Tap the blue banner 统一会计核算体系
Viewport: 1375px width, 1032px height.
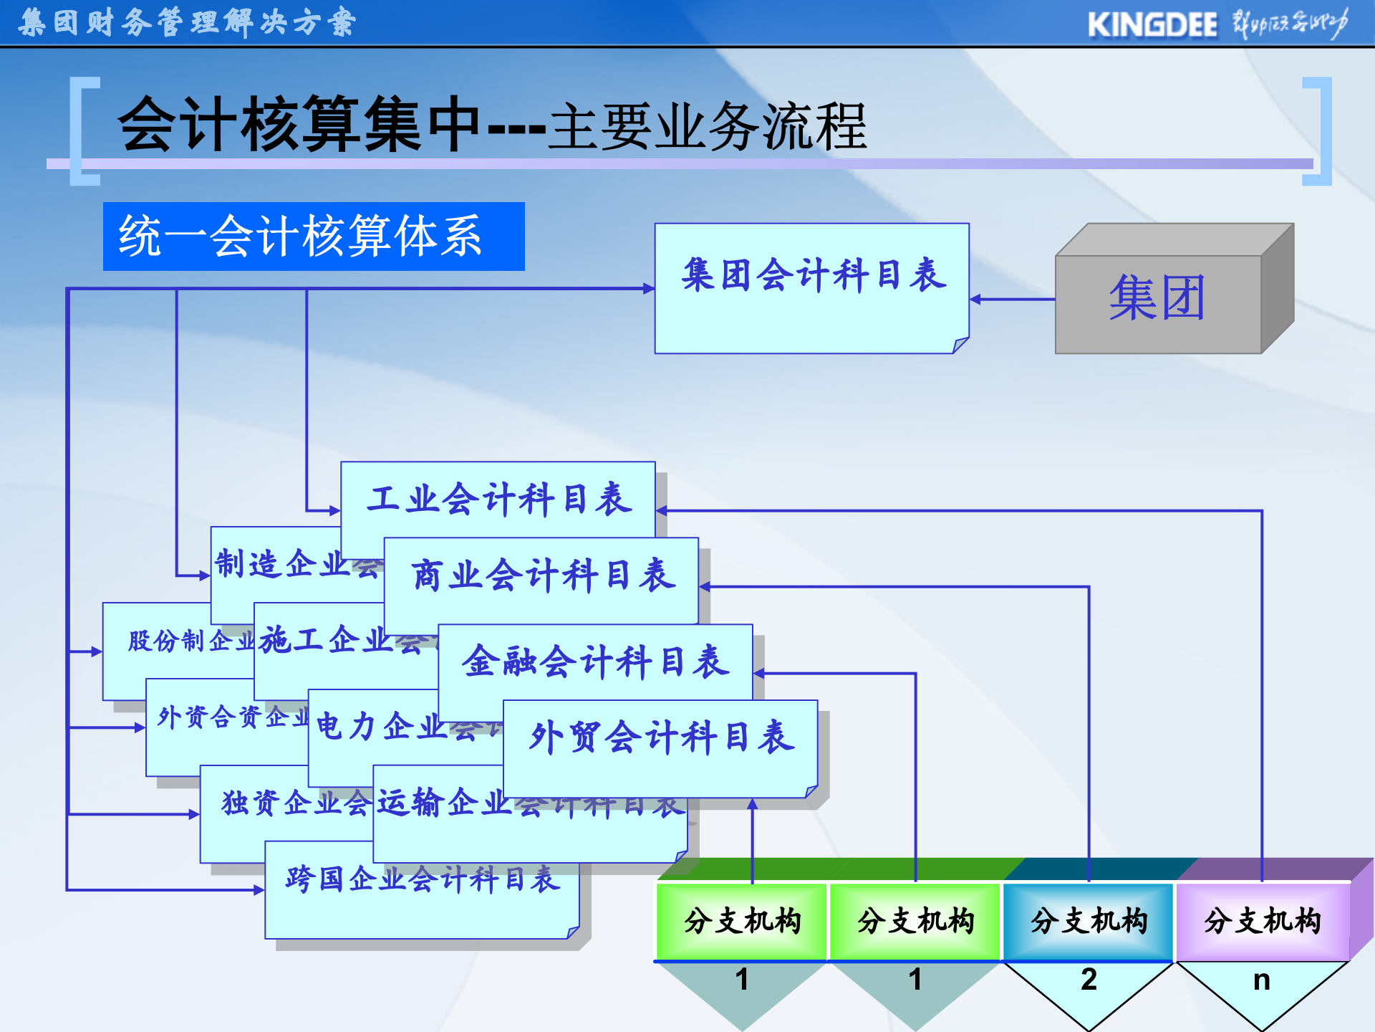[x=313, y=236]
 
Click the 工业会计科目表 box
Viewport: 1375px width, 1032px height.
[x=498, y=499]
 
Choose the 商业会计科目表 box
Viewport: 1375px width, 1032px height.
[x=541, y=575]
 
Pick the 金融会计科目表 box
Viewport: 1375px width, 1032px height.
[x=595, y=661]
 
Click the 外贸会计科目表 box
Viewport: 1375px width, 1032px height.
[x=661, y=738]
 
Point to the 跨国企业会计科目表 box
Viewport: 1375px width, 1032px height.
[x=422, y=880]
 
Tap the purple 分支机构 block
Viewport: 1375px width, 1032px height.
[x=1262, y=922]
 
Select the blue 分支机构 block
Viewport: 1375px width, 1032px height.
[x=1089, y=922]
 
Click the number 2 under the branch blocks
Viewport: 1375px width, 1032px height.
[x=1089, y=980]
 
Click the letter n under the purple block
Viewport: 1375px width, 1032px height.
[x=1262, y=980]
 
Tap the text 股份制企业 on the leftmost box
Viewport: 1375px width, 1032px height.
[x=190, y=641]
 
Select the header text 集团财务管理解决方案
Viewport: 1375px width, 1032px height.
[x=187, y=23]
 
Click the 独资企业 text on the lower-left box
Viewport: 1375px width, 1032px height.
[x=295, y=803]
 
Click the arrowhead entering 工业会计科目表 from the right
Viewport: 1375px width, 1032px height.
[x=662, y=511]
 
